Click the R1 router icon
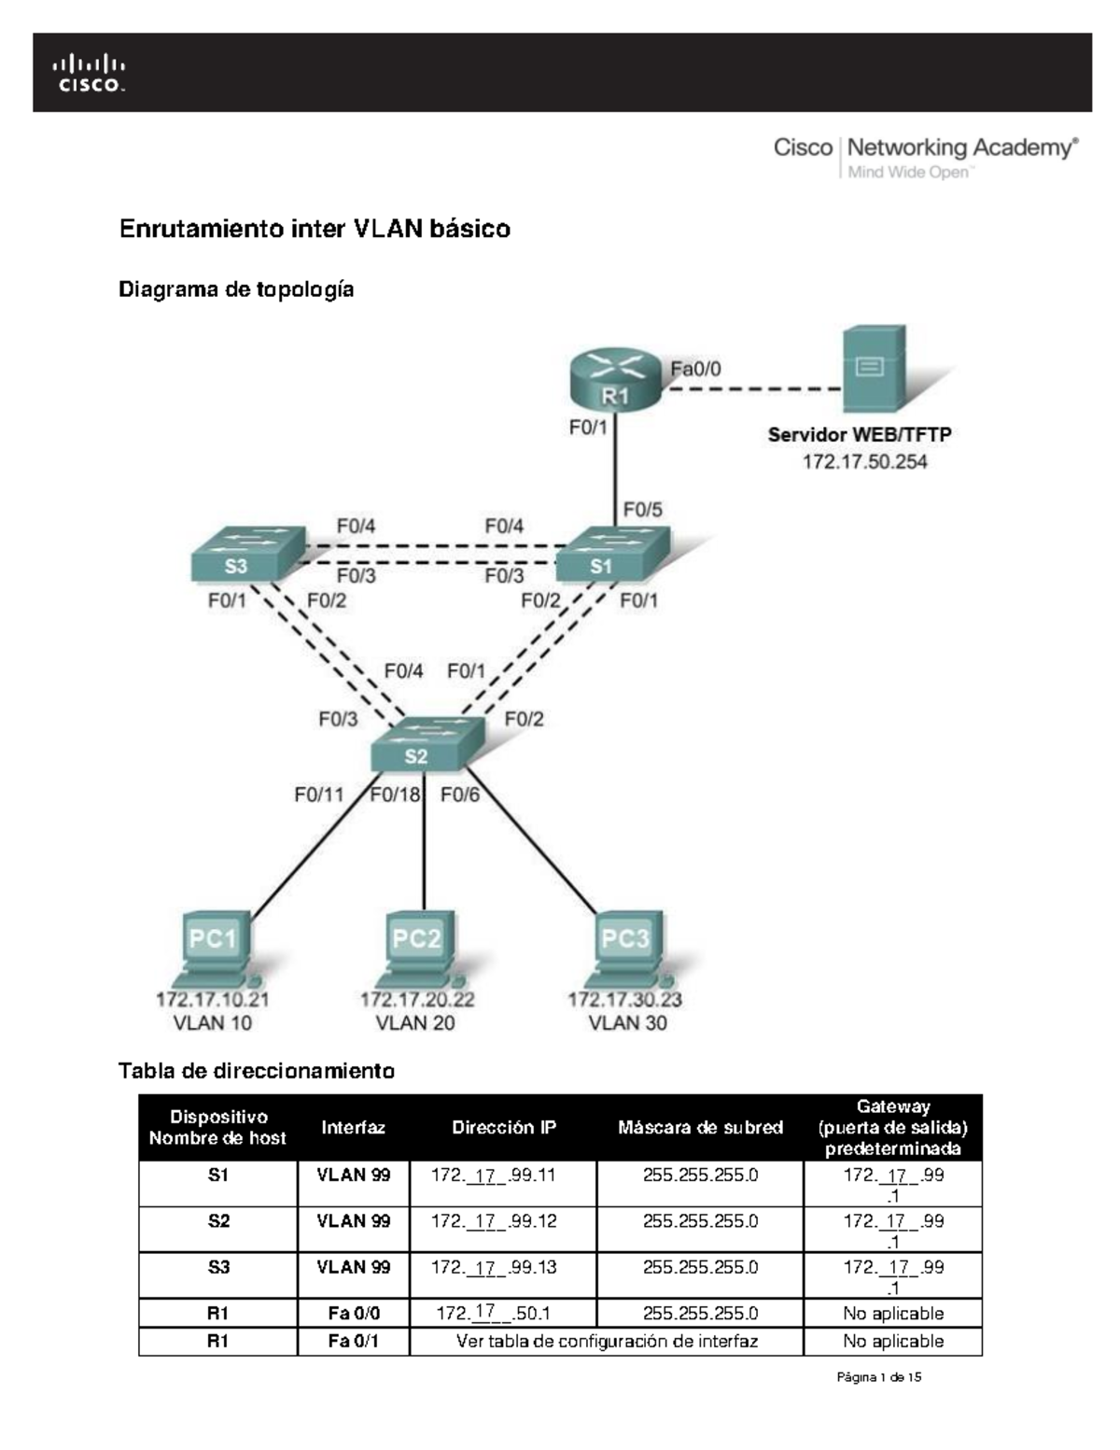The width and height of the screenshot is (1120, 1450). point(614,379)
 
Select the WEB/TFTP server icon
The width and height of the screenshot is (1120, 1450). point(874,369)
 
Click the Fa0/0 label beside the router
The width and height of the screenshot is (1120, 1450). point(695,369)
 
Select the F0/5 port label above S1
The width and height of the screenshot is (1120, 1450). point(642,510)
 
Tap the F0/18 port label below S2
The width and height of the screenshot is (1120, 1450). point(395,795)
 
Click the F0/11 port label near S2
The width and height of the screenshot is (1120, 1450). point(319,795)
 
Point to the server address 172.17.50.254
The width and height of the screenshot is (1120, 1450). point(864,461)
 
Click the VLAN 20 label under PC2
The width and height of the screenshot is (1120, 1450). point(415,1023)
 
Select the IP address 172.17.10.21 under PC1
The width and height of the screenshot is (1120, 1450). point(213,999)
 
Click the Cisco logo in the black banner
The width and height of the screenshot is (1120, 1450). point(90,73)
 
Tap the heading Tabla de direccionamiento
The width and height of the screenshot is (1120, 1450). point(256,1071)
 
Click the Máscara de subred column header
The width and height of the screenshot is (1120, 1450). point(700,1127)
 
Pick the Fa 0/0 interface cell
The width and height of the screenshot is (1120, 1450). point(354,1314)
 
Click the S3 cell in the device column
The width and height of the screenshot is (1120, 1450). point(217,1267)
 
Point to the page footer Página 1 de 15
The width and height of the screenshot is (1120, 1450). point(879,1377)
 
